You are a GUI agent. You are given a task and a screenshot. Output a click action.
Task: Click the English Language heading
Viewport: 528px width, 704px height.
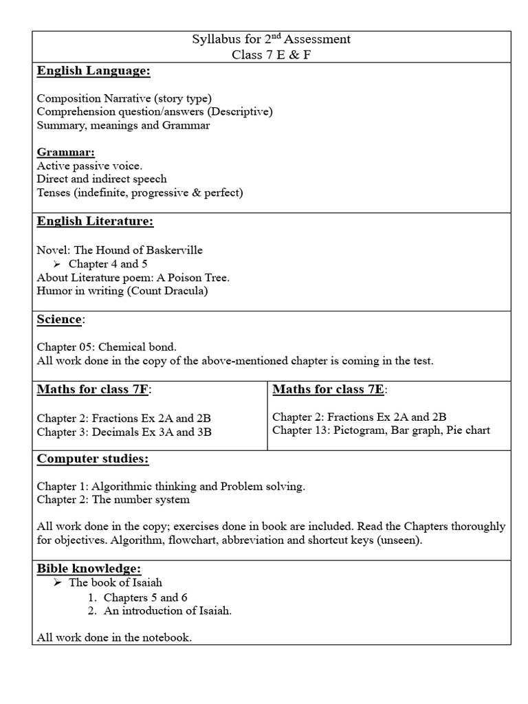coord(93,71)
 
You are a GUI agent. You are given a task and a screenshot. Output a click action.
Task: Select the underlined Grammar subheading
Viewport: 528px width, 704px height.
coord(65,151)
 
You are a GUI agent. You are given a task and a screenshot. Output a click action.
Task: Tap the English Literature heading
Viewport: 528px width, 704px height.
coord(95,221)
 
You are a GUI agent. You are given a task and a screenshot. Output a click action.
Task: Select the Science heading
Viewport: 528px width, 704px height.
coord(60,320)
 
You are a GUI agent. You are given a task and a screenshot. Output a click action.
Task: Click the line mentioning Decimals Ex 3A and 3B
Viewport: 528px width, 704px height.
coord(124,432)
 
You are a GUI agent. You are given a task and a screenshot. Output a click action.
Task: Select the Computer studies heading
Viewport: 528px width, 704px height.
coord(92,459)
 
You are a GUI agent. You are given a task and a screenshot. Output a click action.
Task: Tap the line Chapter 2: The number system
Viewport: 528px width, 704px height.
coord(113,500)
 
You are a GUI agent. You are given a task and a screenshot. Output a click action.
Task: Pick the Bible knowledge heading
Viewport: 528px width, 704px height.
coord(89,569)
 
